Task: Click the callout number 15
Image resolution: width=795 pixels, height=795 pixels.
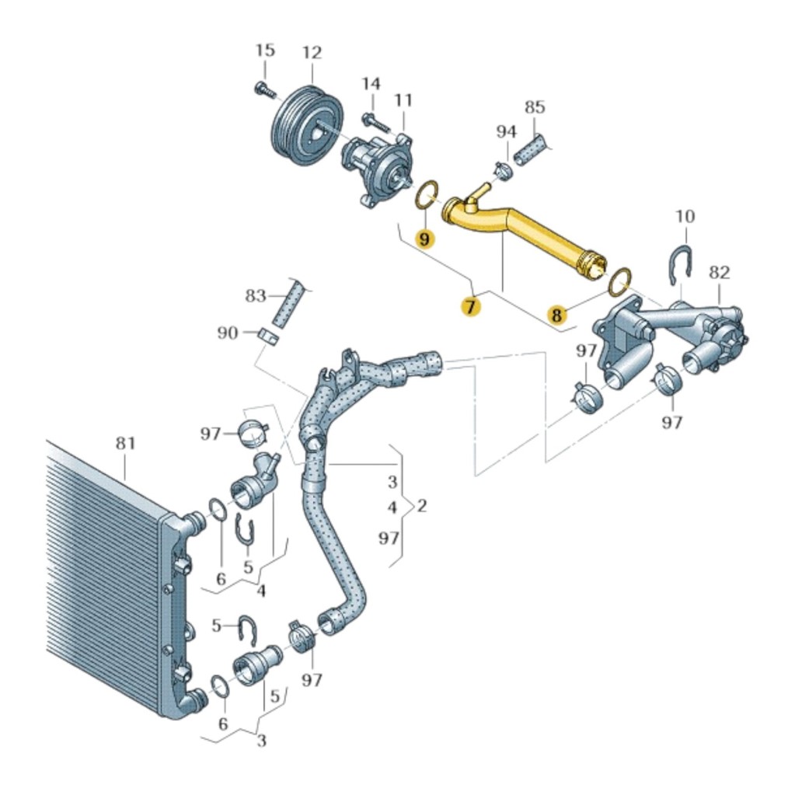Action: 265,51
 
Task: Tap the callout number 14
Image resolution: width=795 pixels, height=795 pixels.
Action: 371,83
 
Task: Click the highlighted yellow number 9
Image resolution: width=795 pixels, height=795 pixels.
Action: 424,239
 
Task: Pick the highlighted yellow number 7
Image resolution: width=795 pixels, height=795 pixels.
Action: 469,307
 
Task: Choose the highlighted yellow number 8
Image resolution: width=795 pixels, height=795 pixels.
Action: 556,315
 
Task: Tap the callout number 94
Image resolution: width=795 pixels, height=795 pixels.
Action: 506,131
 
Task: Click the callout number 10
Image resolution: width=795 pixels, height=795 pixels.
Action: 685,215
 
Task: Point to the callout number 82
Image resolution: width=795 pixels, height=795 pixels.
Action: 720,272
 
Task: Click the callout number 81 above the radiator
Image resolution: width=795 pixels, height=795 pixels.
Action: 125,443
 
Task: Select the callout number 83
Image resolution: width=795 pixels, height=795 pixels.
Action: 256,296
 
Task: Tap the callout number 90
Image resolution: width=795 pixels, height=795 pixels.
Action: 228,333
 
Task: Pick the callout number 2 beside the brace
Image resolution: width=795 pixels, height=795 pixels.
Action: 422,507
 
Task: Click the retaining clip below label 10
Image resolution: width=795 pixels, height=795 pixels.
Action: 680,265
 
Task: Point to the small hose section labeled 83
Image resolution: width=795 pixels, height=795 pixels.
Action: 288,305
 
